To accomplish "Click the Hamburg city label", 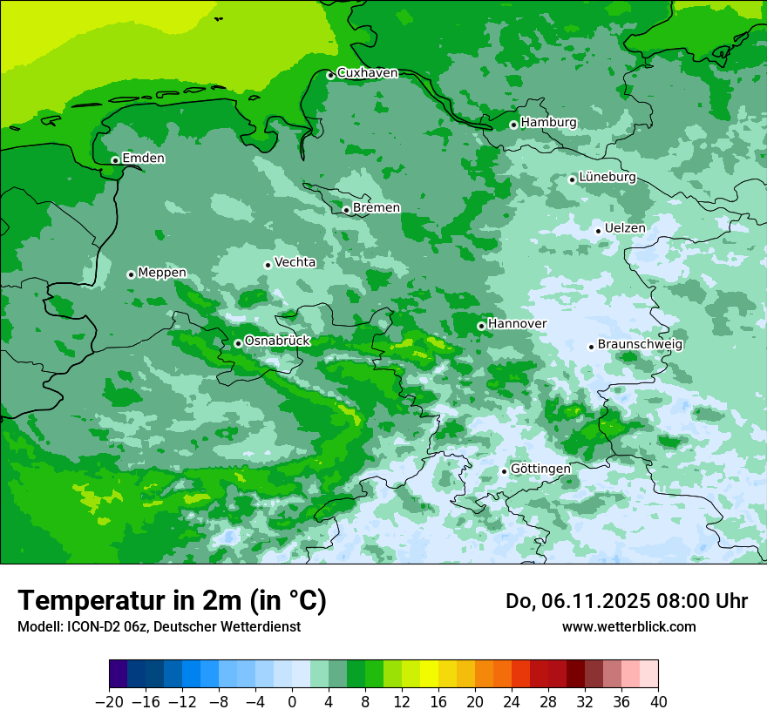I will pos(548,123).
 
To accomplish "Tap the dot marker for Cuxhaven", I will pos(330,75).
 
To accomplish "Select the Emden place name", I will pos(143,159).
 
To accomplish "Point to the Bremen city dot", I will pos(346,210).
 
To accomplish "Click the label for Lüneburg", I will pos(607,177).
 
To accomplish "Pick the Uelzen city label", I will pos(625,228).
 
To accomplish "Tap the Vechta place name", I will pos(295,262).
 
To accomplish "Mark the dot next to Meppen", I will pos(131,274).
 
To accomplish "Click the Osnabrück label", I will pos(277,341).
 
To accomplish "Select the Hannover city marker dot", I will pos(481,326).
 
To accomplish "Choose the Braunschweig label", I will pos(640,344).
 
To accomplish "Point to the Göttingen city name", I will pos(540,469).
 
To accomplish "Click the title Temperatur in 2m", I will pos(172,601).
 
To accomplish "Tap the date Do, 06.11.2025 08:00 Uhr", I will pos(627,601).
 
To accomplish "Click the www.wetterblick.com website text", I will pos(628,626).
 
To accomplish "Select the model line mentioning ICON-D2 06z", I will pos(159,626).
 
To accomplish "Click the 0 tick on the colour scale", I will pos(292,702).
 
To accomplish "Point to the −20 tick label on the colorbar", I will pos(110,702).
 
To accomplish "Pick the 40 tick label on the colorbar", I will pos(658,702).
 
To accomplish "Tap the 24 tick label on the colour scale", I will pos(512,702).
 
